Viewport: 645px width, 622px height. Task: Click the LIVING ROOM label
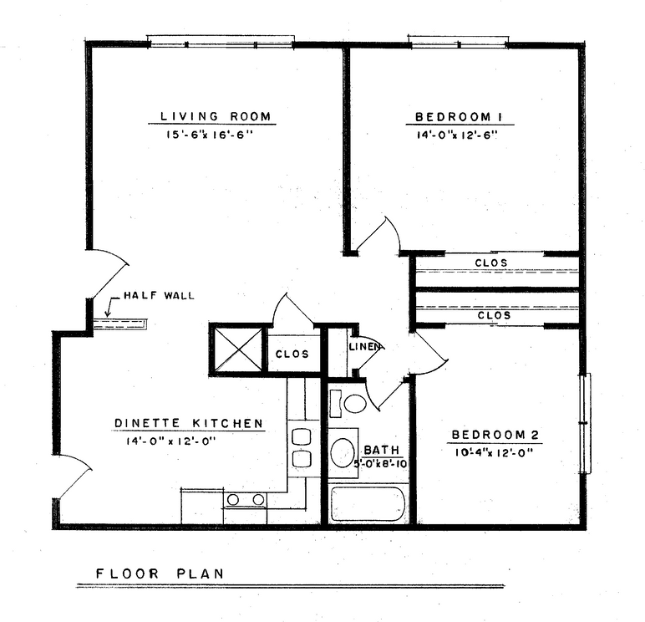point(216,116)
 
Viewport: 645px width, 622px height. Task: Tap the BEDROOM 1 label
point(459,117)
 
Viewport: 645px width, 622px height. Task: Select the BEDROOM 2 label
point(495,435)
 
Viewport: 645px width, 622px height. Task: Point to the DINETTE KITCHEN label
point(188,423)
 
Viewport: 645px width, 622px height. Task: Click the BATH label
point(381,450)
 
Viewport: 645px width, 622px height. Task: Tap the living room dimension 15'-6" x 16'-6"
point(209,135)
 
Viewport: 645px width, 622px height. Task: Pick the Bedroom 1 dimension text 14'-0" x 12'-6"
point(457,135)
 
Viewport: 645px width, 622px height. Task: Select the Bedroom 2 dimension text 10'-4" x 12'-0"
point(494,452)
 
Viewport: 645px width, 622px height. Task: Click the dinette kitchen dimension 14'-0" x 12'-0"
point(171,441)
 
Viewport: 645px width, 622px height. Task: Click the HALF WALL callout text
point(160,295)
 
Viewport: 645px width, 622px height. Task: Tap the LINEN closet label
point(364,347)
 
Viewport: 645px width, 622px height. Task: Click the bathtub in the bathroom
point(368,505)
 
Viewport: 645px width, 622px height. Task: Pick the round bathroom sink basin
point(343,452)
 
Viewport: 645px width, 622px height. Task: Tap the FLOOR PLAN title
point(160,574)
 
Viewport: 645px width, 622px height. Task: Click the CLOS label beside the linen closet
point(292,354)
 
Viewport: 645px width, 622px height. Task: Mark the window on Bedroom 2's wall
point(587,423)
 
